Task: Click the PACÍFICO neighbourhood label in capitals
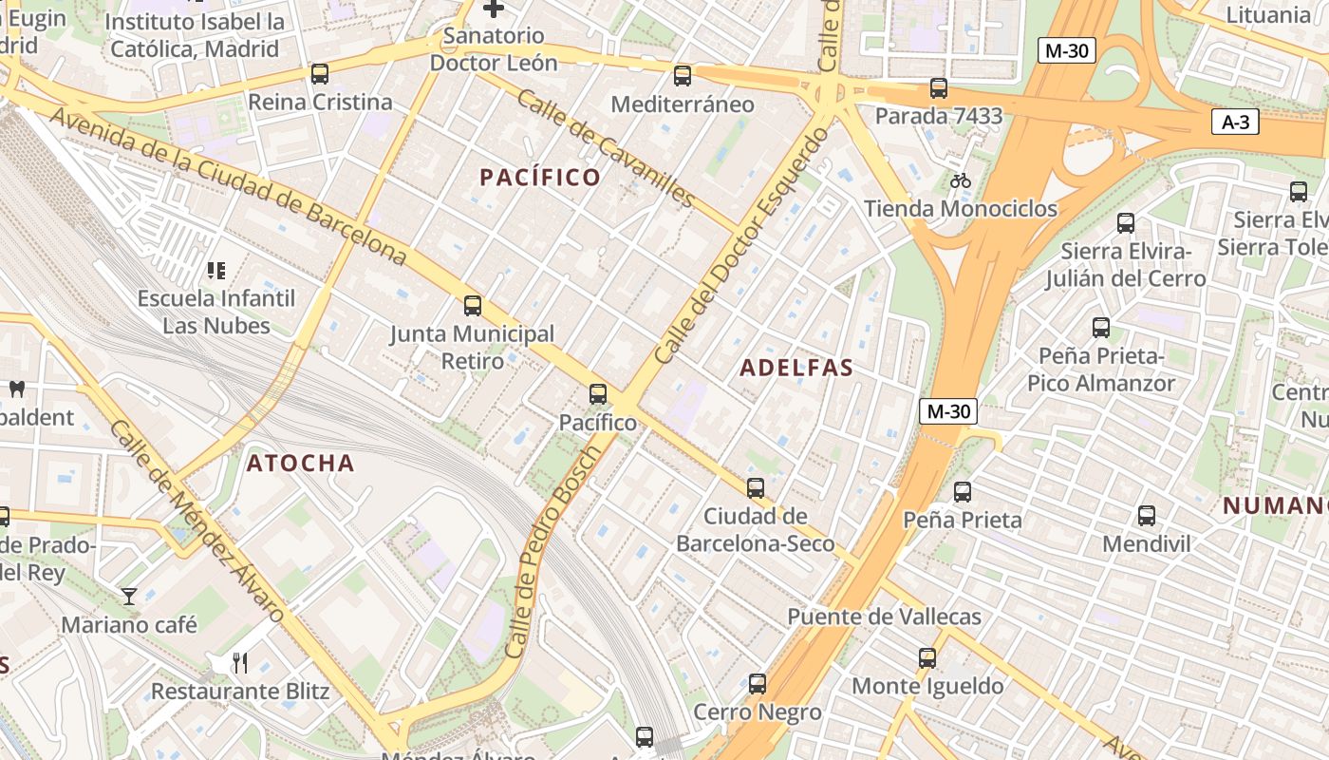(x=540, y=178)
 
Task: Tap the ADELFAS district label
(x=796, y=368)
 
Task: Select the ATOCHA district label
(x=301, y=464)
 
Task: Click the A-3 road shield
(x=1235, y=122)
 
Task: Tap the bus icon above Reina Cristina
(x=320, y=74)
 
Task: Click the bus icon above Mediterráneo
(x=683, y=76)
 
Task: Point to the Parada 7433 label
(x=938, y=116)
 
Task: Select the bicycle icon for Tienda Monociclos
(x=961, y=180)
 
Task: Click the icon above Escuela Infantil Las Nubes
(x=216, y=271)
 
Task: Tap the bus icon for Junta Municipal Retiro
(x=473, y=306)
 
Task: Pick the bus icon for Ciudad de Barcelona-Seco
(x=756, y=488)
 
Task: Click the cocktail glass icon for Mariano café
(x=129, y=597)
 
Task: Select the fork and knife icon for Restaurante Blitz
(x=240, y=662)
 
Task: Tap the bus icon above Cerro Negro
(x=758, y=684)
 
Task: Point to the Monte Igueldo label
(x=927, y=686)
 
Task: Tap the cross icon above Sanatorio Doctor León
(x=494, y=9)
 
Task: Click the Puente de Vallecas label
(x=884, y=617)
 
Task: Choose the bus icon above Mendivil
(x=1147, y=516)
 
